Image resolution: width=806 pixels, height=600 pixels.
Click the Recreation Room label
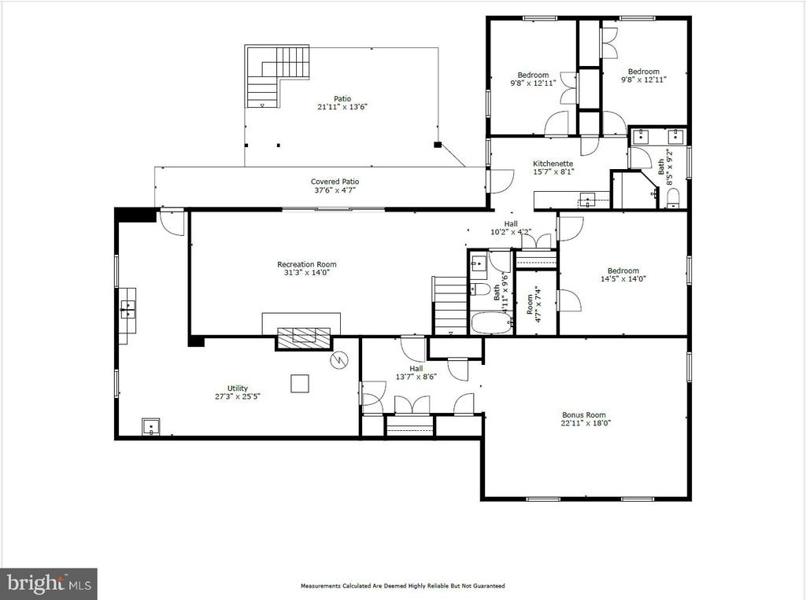(307, 264)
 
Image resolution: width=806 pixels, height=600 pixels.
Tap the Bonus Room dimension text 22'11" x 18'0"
(586, 423)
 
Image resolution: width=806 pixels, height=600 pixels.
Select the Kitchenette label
(553, 164)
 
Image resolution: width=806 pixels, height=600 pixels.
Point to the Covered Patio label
(335, 182)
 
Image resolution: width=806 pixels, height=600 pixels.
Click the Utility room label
(238, 388)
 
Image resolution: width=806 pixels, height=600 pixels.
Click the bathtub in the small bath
(492, 323)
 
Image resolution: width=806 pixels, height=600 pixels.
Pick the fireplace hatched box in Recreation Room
(304, 339)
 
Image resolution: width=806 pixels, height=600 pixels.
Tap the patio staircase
(278, 76)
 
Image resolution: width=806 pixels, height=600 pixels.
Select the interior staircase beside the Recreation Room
(449, 306)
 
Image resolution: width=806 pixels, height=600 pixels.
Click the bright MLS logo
(49, 583)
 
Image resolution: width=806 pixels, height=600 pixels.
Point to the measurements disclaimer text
(402, 586)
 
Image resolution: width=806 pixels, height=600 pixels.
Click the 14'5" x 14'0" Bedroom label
(623, 274)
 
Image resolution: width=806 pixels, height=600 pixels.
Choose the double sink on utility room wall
(128, 311)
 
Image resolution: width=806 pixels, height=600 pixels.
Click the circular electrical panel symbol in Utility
(339, 360)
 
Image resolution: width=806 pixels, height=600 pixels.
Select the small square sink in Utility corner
(151, 427)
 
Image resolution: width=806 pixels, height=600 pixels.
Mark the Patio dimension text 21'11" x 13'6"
(342, 107)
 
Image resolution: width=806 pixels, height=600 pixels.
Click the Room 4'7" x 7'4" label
(534, 304)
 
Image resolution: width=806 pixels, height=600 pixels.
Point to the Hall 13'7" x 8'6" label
(416, 373)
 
